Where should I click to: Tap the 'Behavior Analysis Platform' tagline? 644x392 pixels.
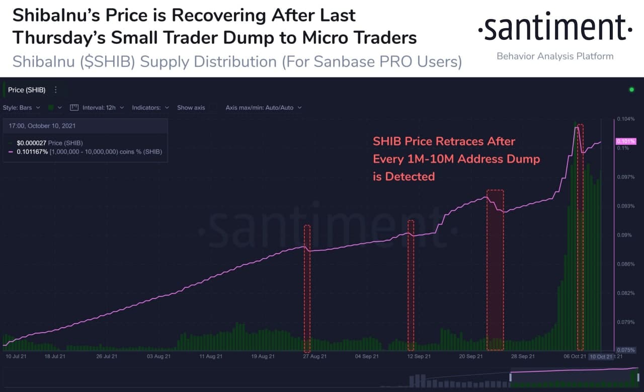(x=555, y=56)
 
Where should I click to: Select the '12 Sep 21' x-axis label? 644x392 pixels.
(x=419, y=356)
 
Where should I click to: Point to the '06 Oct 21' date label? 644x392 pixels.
(x=575, y=356)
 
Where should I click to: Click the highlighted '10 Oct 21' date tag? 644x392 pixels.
(x=601, y=356)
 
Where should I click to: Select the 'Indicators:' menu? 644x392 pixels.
(x=150, y=107)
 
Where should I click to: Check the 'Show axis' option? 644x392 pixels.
(x=191, y=107)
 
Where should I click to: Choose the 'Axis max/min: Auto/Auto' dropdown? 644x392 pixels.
(x=263, y=107)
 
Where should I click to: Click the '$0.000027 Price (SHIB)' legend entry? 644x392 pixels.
(x=49, y=143)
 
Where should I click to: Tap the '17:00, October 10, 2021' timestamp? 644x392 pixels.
(x=42, y=125)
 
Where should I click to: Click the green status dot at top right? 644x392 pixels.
(x=631, y=90)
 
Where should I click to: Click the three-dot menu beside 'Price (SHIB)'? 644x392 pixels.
(x=56, y=90)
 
